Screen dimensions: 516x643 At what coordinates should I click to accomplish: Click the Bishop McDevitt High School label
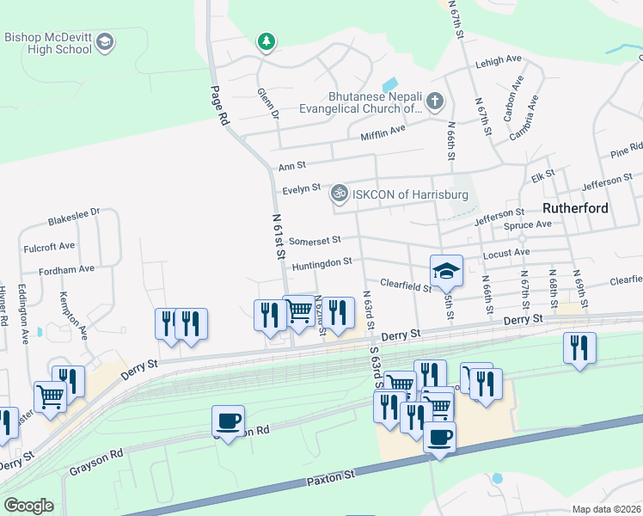[48, 43]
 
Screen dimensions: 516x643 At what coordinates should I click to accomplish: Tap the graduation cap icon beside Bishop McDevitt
[105, 41]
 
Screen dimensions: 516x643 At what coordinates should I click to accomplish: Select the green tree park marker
[266, 40]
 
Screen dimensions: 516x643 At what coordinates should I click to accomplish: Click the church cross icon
[435, 102]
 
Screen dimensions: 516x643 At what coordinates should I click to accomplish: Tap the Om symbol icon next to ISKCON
[340, 194]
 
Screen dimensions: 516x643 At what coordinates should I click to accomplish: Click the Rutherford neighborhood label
[575, 208]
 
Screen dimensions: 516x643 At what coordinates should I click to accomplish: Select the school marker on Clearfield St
[446, 271]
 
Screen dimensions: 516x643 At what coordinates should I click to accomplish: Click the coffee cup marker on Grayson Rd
[228, 422]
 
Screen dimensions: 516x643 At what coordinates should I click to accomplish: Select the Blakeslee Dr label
[74, 212]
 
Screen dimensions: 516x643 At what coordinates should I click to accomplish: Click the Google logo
[28, 506]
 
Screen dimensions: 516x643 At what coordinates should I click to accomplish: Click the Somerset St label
[315, 241]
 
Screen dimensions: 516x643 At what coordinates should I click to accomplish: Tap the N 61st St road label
[277, 237]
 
